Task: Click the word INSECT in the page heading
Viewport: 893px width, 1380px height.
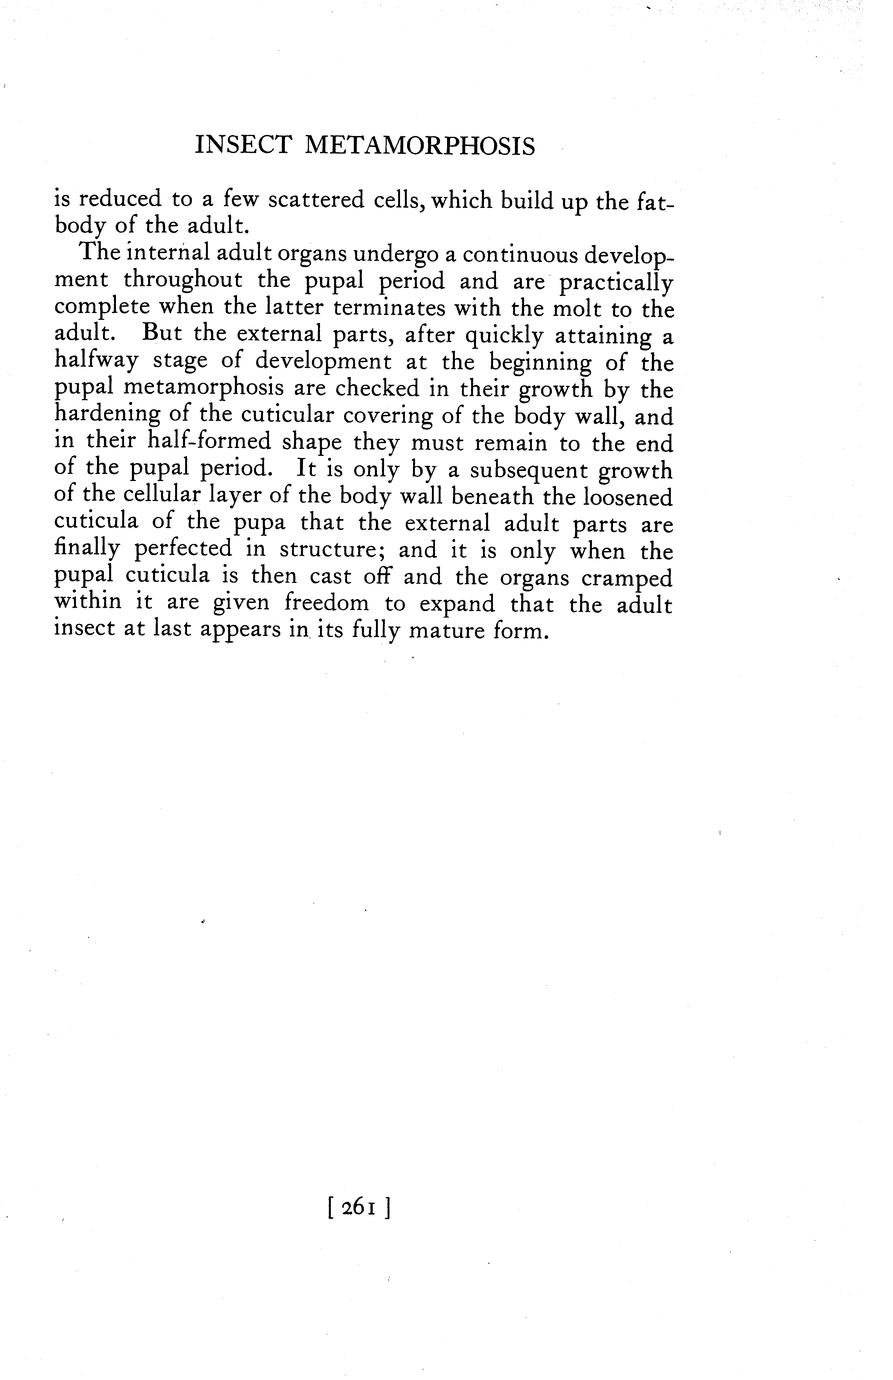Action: click(243, 147)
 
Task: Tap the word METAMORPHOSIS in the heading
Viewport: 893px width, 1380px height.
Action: click(419, 147)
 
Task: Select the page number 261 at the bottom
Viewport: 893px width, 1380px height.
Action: click(357, 1207)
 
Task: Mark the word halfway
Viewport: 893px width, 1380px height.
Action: click(96, 363)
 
